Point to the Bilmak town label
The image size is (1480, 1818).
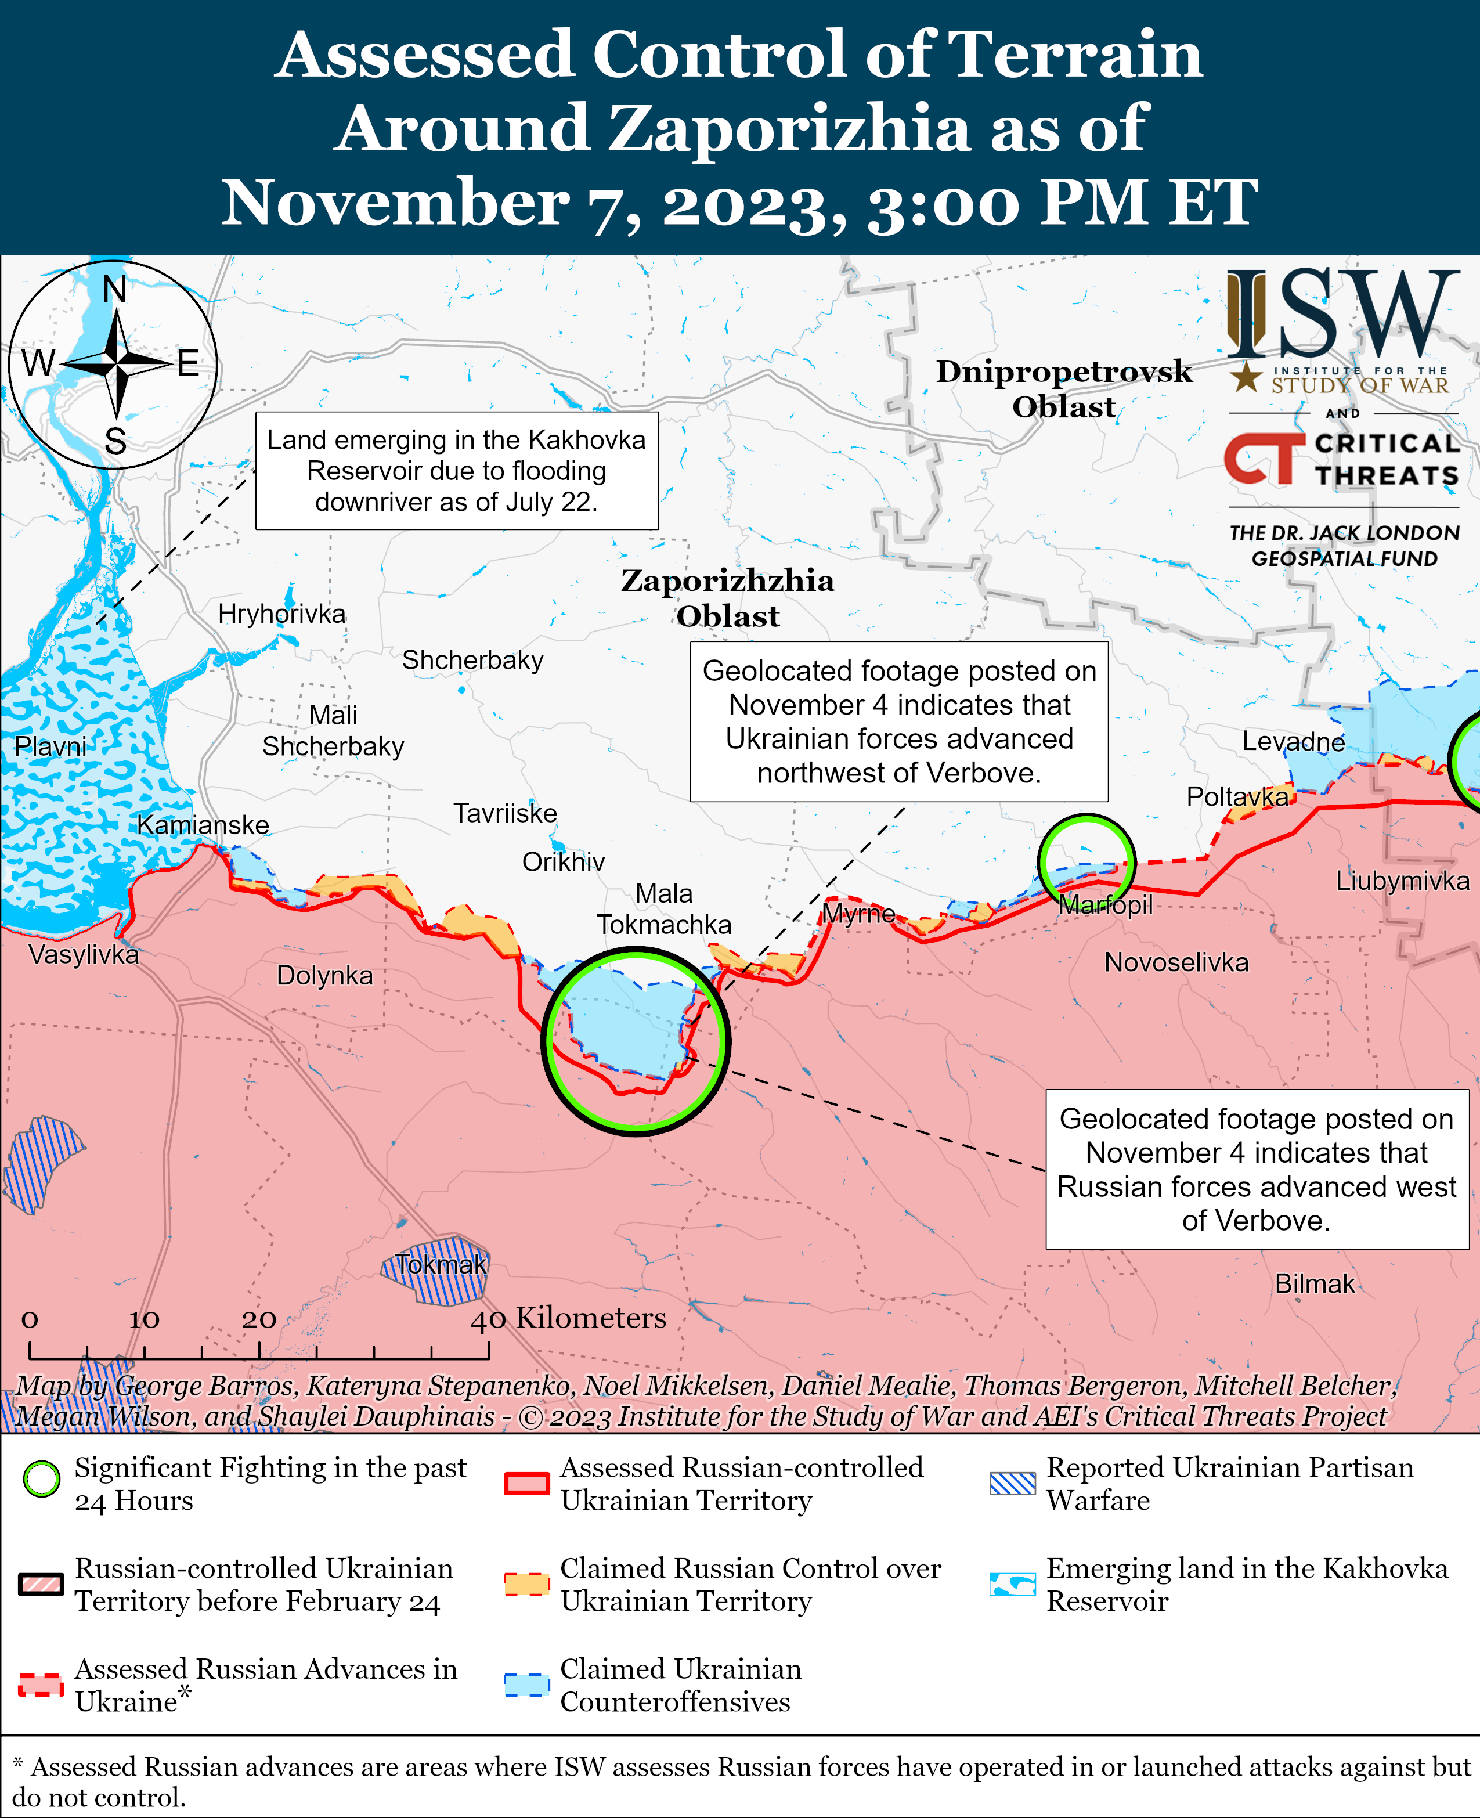[1314, 1283]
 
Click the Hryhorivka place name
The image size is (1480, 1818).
[281, 614]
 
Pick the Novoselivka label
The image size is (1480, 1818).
[1176, 963]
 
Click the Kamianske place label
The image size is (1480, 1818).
[203, 825]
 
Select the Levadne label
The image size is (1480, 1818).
[1293, 741]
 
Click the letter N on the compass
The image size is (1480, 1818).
[115, 290]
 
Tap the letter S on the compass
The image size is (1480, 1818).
[115, 442]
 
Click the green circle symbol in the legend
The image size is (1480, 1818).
[42, 1478]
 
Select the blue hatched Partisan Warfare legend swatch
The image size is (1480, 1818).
[1012, 1484]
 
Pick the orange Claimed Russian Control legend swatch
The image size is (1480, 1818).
[526, 1583]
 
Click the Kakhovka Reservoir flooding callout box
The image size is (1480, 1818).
[457, 471]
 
